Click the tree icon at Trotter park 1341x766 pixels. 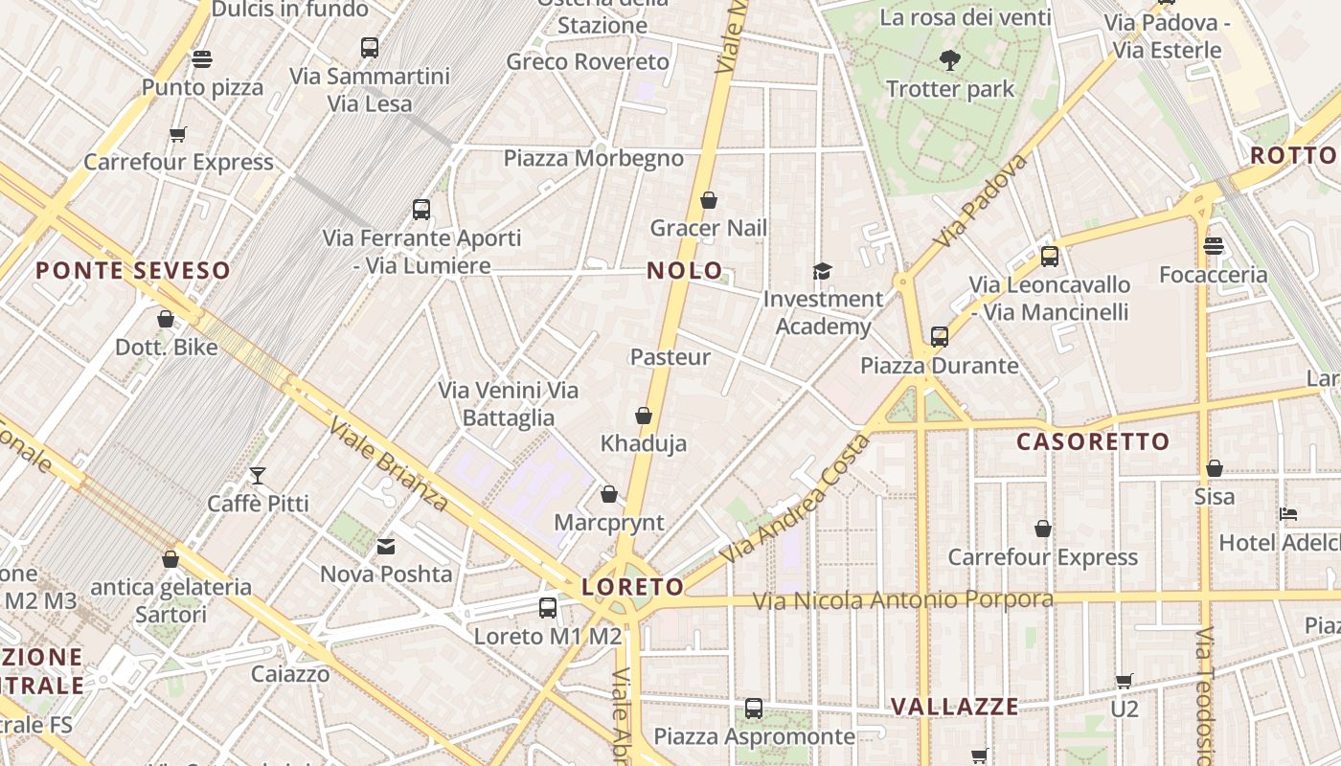pos(949,60)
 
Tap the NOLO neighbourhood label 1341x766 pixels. pos(684,271)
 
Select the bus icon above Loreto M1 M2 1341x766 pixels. pos(548,607)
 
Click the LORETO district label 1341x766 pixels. pos(633,587)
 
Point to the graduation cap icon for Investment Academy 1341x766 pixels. pos(822,272)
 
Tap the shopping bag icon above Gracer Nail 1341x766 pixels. pos(709,200)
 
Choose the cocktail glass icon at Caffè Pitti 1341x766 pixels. pos(258,475)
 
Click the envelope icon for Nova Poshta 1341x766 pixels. pos(386,547)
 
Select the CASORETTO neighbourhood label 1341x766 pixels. pos(1093,441)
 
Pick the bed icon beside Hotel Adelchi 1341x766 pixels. pos(1288,514)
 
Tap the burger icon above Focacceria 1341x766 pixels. pos(1214,246)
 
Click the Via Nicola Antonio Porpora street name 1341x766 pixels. pos(902,600)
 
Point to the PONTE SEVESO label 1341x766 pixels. pos(133,271)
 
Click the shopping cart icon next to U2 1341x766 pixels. pos(1125,681)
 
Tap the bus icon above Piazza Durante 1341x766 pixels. pos(940,337)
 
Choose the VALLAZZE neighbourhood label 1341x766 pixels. pos(955,707)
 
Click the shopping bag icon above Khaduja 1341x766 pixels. pos(644,416)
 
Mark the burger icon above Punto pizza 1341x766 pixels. pos(202,59)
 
